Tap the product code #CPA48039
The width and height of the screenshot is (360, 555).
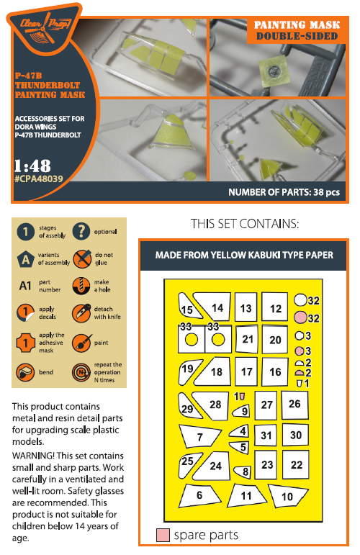[39, 179]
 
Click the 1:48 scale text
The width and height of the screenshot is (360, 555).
[32, 166]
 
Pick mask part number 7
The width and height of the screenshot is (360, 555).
[199, 436]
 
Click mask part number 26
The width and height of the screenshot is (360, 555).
[294, 405]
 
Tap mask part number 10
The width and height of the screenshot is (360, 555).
[287, 495]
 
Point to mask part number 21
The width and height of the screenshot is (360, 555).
[247, 339]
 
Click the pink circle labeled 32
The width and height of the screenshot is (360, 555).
[300, 317]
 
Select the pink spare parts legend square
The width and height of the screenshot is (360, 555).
[163, 535]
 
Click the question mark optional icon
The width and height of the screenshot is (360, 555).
[81, 231]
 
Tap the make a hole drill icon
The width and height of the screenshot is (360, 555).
[81, 285]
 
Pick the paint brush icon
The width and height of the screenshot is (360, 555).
[81, 342]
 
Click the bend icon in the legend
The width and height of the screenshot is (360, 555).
[25, 372]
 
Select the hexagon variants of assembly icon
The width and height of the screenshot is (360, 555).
[25, 259]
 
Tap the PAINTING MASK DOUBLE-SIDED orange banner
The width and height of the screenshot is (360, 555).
[297, 30]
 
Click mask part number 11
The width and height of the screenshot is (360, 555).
[246, 495]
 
